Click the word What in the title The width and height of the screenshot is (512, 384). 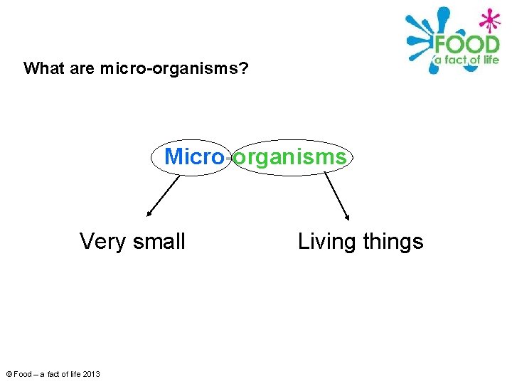[43, 69]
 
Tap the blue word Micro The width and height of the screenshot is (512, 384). [194, 156]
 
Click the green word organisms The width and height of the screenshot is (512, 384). [290, 156]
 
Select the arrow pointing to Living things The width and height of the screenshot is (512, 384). [337, 196]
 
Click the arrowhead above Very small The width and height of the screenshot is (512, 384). [149, 213]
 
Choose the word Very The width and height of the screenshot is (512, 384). [102, 242]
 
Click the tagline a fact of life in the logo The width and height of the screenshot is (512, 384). [466, 60]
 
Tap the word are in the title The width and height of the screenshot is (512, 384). [84, 69]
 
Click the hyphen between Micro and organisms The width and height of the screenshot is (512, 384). [228, 158]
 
